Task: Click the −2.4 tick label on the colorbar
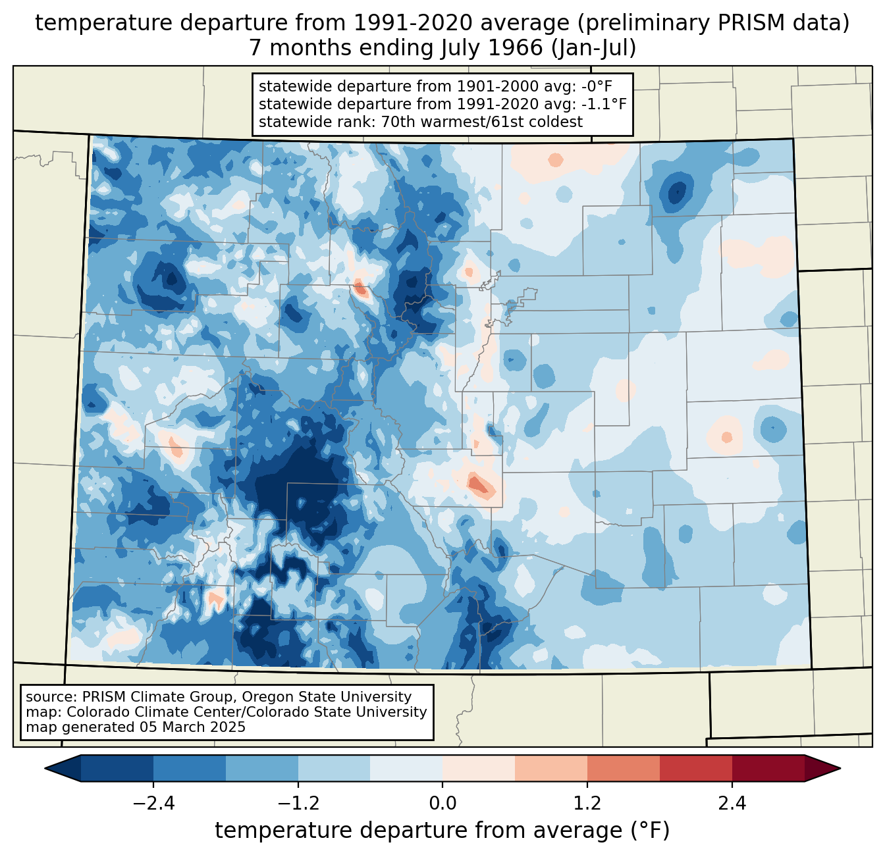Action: click(x=153, y=804)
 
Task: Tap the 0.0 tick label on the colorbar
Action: click(x=443, y=804)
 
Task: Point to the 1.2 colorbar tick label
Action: click(x=587, y=804)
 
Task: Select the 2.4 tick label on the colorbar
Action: click(x=732, y=804)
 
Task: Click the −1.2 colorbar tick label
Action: click(x=298, y=804)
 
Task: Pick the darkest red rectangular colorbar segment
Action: click(x=768, y=768)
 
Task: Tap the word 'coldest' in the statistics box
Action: click(x=558, y=122)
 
